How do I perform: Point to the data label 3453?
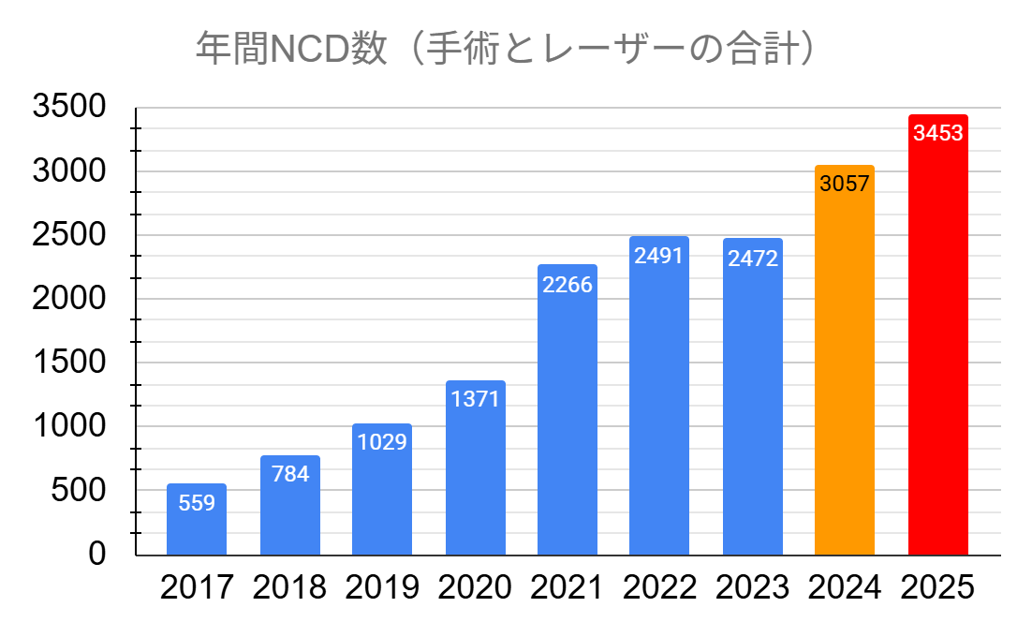click(x=937, y=133)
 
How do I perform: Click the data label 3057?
click(x=845, y=184)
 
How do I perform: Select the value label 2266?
click(x=567, y=284)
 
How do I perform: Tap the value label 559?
click(x=197, y=503)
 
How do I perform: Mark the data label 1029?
click(x=381, y=442)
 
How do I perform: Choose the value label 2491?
click(x=658, y=256)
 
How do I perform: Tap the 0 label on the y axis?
click(x=97, y=554)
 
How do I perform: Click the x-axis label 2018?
click(x=289, y=587)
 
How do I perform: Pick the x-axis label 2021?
click(x=567, y=587)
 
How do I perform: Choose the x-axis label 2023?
click(x=752, y=587)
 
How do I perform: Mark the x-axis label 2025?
click(x=937, y=587)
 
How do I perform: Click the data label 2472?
click(x=752, y=258)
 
